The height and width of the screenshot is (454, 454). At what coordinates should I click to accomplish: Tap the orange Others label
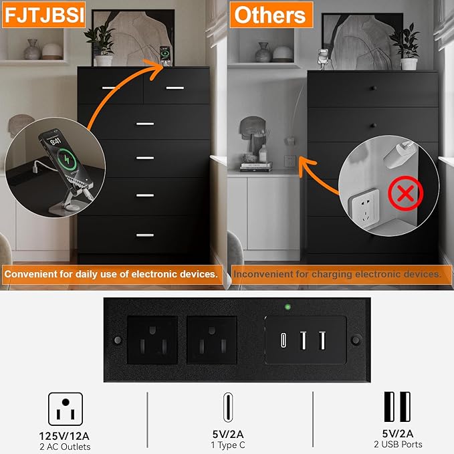pos(271,14)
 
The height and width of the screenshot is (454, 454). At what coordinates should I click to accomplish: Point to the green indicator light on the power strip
pos(288,307)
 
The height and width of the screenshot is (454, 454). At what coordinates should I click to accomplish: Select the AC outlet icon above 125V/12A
pos(66,407)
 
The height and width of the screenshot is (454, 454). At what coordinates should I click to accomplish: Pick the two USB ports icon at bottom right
pos(396,407)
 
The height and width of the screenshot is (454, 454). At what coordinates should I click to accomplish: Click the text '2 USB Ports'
pos(397,445)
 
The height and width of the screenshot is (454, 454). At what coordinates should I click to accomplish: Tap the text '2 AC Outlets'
pos(70,446)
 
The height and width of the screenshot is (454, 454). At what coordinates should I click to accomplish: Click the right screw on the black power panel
pos(355,340)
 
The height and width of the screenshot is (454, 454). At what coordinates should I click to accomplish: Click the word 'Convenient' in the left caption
pos(32,273)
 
